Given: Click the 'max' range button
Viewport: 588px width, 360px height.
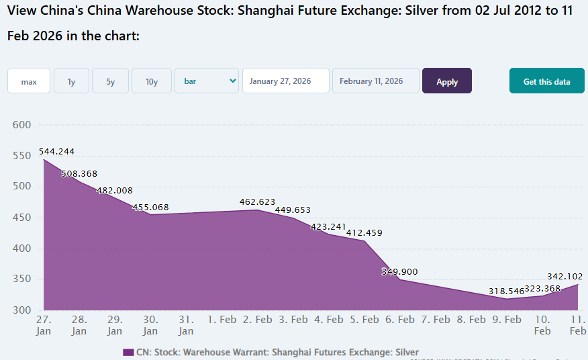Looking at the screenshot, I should pyautogui.click(x=29, y=81).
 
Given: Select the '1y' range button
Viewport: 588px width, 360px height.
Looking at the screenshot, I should pyautogui.click(x=71, y=81).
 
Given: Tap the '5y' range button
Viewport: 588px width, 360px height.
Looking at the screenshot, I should pyautogui.click(x=110, y=81).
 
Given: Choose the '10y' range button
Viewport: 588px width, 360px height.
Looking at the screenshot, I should pyautogui.click(x=152, y=81).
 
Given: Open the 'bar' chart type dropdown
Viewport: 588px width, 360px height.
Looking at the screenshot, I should pyautogui.click(x=207, y=81).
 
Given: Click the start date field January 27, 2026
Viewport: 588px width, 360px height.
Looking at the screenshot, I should pyautogui.click(x=285, y=81).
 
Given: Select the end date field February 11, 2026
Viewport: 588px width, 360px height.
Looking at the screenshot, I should pyautogui.click(x=375, y=81).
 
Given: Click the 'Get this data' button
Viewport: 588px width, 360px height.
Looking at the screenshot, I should pyautogui.click(x=546, y=81).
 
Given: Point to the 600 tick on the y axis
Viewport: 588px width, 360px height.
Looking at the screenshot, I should pyautogui.click(x=22, y=125).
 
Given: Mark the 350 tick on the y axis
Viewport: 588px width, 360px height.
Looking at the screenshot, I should pyautogui.click(x=22, y=280).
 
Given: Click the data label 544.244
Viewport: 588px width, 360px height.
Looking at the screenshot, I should pyautogui.click(x=56, y=151).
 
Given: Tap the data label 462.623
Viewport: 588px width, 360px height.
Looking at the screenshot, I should pyautogui.click(x=258, y=201).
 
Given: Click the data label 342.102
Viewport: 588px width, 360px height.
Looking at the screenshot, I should pyautogui.click(x=565, y=276).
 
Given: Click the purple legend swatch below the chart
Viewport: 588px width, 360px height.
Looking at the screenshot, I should pyautogui.click(x=128, y=352).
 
